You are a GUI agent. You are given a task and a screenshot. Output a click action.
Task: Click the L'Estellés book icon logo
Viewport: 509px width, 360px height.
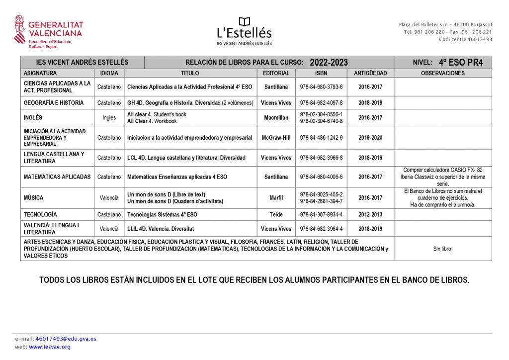[x=244, y=22]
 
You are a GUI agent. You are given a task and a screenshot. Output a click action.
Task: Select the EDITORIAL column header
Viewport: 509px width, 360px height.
[x=276, y=73]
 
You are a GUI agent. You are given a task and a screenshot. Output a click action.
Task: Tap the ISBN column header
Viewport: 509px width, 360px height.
[x=321, y=73]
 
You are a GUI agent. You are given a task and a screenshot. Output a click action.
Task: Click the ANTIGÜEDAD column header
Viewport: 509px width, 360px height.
[x=370, y=73]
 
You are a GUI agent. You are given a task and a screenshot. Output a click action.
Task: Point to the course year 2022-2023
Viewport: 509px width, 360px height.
[x=329, y=63]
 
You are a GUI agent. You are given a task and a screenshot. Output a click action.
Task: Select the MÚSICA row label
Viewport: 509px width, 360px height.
[x=34, y=198]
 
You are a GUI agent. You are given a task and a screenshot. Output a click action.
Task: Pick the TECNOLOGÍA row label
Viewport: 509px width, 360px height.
[x=40, y=215]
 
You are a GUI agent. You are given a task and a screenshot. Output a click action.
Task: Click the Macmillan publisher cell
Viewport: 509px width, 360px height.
[x=276, y=118]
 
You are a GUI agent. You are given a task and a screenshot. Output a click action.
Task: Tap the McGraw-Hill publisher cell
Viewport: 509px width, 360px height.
[x=276, y=138]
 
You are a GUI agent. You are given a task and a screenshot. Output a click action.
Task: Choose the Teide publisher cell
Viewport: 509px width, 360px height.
[x=276, y=215]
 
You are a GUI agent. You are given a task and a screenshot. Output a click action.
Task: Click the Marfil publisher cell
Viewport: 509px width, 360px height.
[x=276, y=198]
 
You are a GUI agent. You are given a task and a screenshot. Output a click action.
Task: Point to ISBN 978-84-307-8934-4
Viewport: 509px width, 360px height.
[x=321, y=215]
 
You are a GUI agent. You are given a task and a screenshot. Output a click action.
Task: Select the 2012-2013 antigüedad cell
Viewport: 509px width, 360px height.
[x=370, y=215]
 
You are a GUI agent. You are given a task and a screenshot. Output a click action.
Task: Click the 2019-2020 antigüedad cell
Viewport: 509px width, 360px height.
[x=370, y=138]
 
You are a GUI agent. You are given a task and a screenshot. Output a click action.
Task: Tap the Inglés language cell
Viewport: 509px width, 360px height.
[x=109, y=118]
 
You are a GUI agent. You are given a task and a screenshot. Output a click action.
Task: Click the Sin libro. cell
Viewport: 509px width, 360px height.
[x=442, y=249]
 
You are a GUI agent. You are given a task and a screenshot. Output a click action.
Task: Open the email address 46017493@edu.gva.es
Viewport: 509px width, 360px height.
[x=66, y=339]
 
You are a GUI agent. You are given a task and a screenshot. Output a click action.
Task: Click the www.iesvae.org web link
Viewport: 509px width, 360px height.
[x=50, y=347]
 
